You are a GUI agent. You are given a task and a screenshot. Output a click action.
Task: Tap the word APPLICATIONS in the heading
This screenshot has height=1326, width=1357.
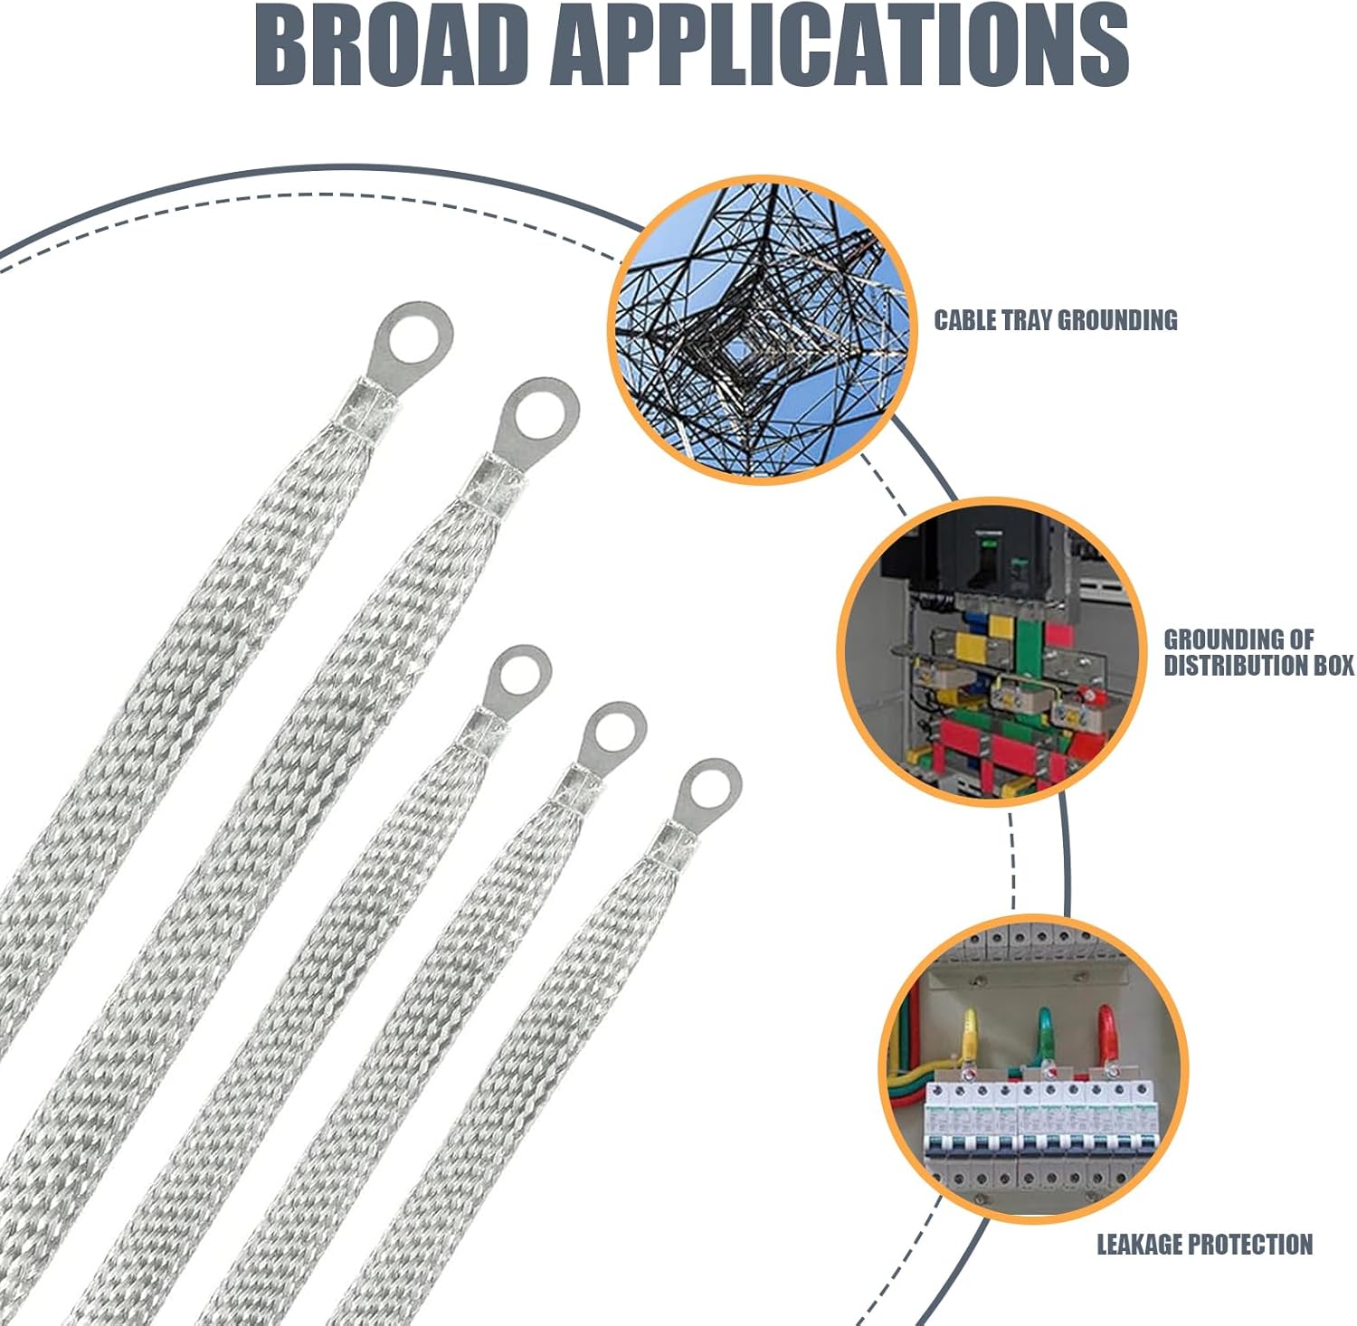click(841, 45)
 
